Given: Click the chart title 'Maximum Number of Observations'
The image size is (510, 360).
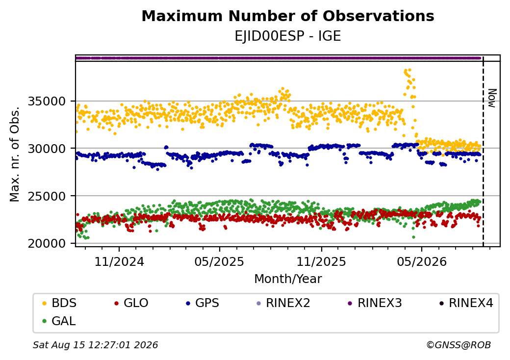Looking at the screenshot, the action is (x=288, y=16).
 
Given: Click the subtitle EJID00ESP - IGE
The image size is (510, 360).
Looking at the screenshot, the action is (x=288, y=36).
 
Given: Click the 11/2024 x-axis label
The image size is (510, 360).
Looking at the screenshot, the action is (x=119, y=261).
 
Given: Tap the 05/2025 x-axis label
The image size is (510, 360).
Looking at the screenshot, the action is (x=220, y=261).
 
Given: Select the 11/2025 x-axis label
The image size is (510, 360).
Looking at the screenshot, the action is (x=321, y=261).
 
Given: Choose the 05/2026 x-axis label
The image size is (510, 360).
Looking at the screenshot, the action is (x=422, y=261).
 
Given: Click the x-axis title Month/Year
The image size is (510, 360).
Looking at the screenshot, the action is (x=288, y=279).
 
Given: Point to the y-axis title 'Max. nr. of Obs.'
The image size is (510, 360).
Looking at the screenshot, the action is (x=15, y=154).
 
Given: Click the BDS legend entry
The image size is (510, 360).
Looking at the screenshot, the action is (x=59, y=303).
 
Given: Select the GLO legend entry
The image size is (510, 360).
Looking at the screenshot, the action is (x=131, y=303).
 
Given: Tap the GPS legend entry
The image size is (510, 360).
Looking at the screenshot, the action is (x=203, y=303).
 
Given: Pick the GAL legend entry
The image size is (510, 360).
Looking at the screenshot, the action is (x=59, y=321).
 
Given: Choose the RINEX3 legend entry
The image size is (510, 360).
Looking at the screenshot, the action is (x=375, y=303).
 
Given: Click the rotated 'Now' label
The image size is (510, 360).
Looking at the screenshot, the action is (x=492, y=98).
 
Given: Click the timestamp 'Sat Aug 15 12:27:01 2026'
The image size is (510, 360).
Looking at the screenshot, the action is (x=96, y=345).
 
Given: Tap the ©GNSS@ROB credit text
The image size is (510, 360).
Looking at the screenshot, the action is (x=459, y=345).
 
